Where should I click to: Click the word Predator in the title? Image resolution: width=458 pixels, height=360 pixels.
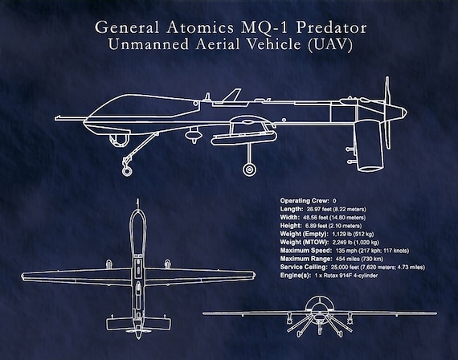(x=331, y=27)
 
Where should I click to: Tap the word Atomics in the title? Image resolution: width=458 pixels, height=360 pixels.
(x=200, y=27)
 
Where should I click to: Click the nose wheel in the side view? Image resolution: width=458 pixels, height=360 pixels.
(x=126, y=171)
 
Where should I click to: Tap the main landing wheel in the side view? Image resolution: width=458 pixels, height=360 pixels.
(x=249, y=170)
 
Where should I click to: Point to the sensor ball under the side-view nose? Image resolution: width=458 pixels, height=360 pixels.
(x=119, y=140)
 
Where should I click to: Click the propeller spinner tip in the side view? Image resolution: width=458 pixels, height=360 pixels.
(x=407, y=112)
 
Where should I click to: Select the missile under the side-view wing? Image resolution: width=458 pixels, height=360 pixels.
(x=243, y=138)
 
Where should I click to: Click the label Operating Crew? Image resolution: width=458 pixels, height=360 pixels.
(x=305, y=201)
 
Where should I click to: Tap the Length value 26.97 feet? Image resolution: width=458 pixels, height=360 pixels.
(x=319, y=209)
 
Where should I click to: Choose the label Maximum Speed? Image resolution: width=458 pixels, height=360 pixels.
(x=306, y=251)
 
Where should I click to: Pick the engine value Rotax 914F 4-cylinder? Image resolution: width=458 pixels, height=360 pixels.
(x=350, y=276)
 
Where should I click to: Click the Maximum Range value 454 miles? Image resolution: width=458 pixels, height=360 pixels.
(x=349, y=259)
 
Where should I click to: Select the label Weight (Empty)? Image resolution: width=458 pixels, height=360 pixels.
(x=304, y=234)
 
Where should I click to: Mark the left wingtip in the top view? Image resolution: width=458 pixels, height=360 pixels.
(x=22, y=276)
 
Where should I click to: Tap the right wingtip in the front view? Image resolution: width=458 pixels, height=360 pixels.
(x=436, y=313)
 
